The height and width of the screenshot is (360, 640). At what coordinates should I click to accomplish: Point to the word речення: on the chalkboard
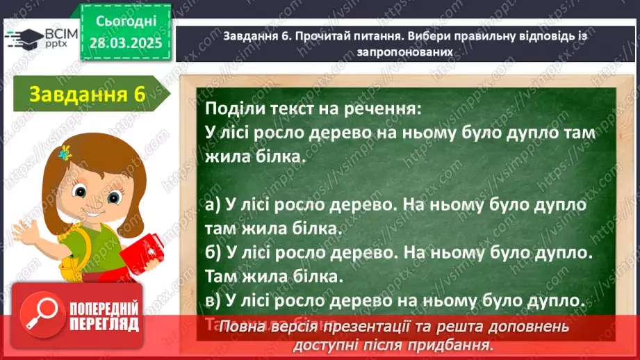[x=385, y=109]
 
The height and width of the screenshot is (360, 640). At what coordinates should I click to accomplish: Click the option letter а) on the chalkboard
[x=214, y=206]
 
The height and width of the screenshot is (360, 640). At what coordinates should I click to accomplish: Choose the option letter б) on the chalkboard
[x=214, y=253]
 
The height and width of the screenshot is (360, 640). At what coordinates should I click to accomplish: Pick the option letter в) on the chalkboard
[x=213, y=300]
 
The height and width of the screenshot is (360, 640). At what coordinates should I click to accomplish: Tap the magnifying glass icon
[x=41, y=313]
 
